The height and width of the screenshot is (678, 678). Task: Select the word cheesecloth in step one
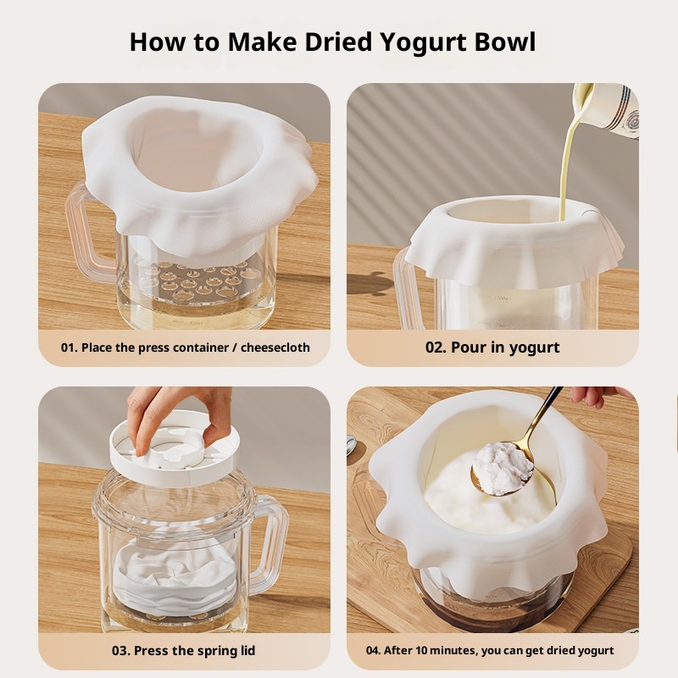click(275, 347)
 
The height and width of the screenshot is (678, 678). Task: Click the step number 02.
click(436, 347)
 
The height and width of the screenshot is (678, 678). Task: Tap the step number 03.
click(121, 651)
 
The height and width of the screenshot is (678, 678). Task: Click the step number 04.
click(373, 651)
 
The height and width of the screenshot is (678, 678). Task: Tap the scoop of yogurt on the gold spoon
click(503, 469)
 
